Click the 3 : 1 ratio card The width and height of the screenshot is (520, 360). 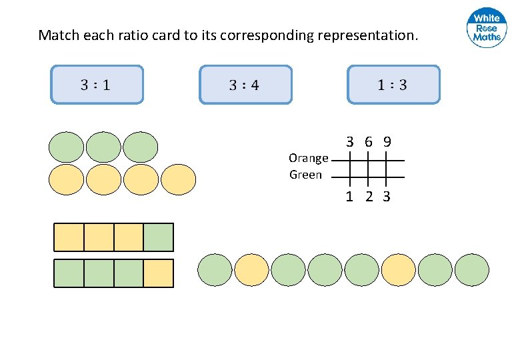tap(97, 85)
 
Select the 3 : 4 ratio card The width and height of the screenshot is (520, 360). tap(245, 85)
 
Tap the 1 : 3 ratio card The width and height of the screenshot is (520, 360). tap(393, 85)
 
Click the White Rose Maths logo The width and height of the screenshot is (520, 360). tap(487, 28)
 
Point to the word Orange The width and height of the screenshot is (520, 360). tap(308, 158)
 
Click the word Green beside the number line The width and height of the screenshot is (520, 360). tap(305, 175)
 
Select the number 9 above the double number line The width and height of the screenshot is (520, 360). tap(387, 141)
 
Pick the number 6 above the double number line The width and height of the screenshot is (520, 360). tap(369, 141)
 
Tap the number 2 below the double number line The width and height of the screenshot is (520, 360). tap(369, 197)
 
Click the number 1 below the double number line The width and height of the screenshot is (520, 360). tap(349, 197)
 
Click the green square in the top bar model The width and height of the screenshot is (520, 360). tap(158, 237)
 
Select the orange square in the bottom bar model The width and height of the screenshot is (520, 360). tap(158, 273)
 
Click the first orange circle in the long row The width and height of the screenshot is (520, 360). tap(251, 270)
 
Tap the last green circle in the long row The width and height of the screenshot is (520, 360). tap(471, 270)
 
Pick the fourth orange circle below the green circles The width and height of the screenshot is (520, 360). tap(179, 179)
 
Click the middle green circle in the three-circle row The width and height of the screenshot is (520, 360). tap(103, 147)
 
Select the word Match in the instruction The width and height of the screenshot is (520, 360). tap(59, 35)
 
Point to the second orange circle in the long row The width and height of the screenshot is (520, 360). tap(398, 270)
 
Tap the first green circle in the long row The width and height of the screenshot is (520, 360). tap(215, 270)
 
